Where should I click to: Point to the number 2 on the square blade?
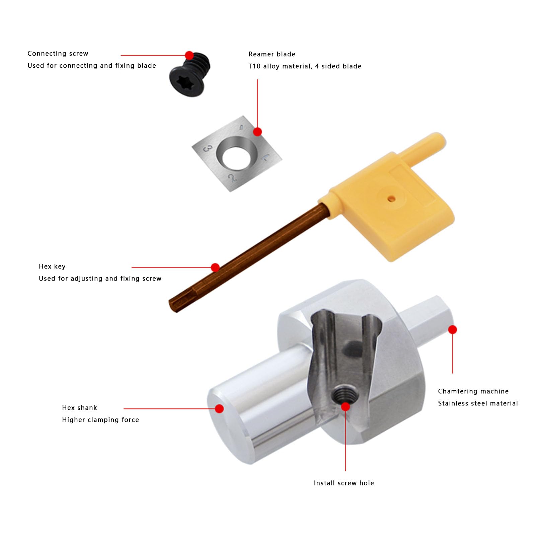[232, 178]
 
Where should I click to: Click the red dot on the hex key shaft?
[215, 267]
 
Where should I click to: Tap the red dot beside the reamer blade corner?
[257, 132]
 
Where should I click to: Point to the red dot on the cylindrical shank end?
[219, 408]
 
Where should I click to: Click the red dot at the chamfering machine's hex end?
[452, 330]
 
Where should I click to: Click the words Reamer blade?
[272, 54]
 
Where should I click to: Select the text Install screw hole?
[344, 483]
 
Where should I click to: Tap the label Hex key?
[52, 266]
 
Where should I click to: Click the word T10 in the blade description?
[254, 66]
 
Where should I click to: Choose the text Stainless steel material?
[478, 403]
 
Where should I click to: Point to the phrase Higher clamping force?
[100, 420]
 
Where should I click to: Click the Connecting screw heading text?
[58, 54]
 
